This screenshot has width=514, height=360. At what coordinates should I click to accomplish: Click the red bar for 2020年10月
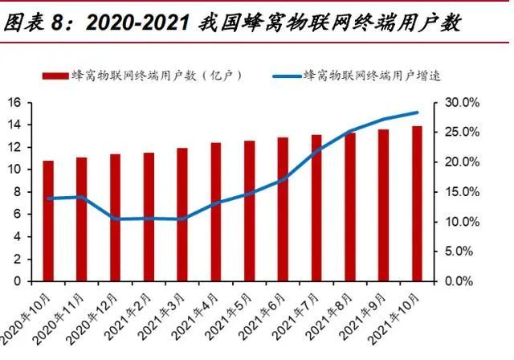pos(48,221)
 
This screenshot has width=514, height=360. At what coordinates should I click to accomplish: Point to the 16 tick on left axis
pos(14,102)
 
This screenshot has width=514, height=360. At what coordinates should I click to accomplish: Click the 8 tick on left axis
pos(16,192)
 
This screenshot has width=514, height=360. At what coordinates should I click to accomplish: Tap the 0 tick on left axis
pos(16,281)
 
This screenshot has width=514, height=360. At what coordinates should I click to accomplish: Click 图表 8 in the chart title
pos(32,22)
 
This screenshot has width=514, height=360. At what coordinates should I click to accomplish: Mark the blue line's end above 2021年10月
pos(417,112)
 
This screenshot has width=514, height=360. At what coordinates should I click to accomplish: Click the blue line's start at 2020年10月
pos(48,198)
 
